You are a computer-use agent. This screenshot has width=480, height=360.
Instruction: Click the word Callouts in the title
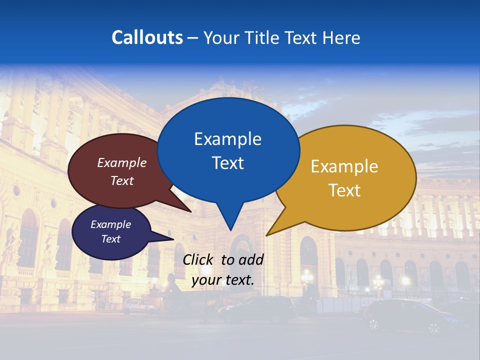coord(147,37)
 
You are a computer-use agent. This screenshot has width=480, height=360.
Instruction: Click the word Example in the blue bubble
coord(227,139)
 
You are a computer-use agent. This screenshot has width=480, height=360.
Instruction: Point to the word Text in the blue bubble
coord(227,163)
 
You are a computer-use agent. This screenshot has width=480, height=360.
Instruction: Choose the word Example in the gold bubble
coord(344,166)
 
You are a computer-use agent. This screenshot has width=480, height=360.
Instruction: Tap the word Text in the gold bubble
coord(344,190)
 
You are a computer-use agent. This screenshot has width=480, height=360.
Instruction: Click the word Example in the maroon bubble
coord(122,162)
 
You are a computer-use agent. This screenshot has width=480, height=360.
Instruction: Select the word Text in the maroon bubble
coord(122,180)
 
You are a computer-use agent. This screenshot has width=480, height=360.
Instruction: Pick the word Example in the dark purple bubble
coord(110,224)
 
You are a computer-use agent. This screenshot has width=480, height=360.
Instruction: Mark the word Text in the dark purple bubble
coord(110,239)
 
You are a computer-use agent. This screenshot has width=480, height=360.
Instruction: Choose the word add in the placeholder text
coord(251,259)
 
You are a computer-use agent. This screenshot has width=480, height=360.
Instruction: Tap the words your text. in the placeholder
coord(223,280)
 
